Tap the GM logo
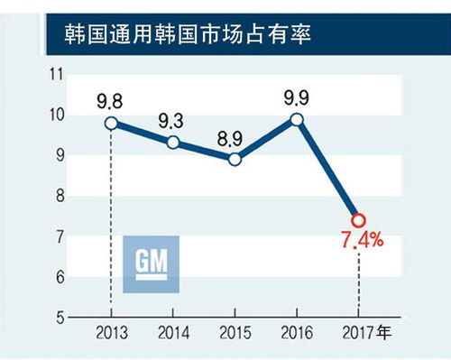point(151,264)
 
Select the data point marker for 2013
point(111,124)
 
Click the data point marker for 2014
point(173,143)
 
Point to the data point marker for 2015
point(235,160)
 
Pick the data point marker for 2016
point(297,119)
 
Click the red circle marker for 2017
point(358,220)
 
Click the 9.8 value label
point(111,98)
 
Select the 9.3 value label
point(173,118)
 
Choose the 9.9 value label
point(297,94)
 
